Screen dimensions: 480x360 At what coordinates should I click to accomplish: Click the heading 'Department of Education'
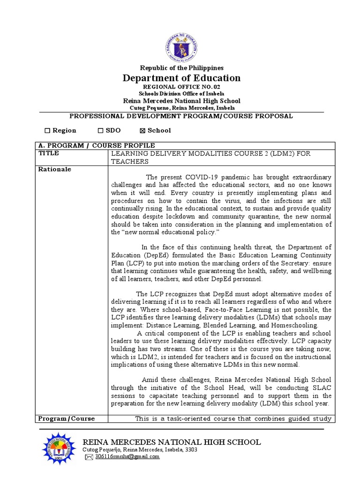click(181, 78)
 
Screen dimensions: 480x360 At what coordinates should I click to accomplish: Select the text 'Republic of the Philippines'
click(181, 68)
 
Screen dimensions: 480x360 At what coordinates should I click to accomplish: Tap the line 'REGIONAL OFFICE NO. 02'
click(181, 87)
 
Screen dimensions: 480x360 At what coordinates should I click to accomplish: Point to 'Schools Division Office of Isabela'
click(181, 94)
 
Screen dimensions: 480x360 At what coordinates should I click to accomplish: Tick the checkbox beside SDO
click(100, 130)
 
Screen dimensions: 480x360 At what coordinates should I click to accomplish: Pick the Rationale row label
click(54, 169)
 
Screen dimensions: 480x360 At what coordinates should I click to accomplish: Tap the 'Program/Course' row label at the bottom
click(66, 419)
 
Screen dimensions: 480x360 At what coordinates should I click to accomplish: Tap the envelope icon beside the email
click(89, 457)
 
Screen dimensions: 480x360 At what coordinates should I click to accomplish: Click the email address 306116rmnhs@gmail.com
click(127, 457)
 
